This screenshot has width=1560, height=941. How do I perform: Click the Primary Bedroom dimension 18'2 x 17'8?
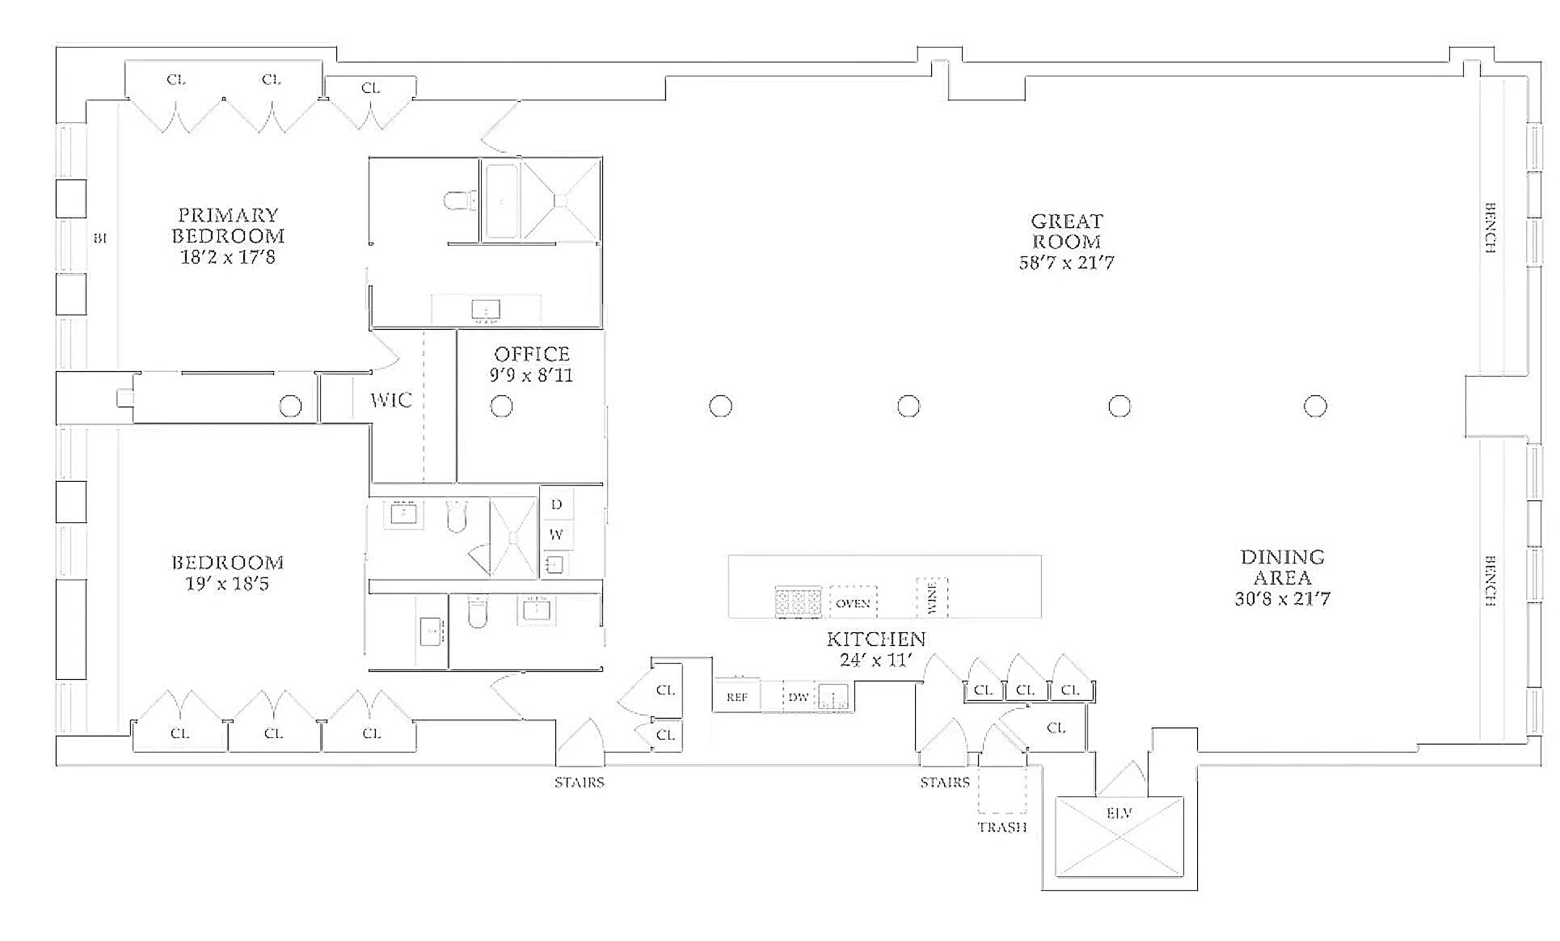click(227, 258)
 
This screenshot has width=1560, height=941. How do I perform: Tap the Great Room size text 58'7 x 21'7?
click(1066, 263)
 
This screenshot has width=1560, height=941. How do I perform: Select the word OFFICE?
click(532, 354)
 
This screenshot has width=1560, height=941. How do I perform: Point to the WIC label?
click(391, 400)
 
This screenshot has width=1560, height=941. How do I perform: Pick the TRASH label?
click(1002, 827)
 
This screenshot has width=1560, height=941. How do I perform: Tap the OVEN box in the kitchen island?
click(853, 603)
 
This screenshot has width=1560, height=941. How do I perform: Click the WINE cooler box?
click(931, 598)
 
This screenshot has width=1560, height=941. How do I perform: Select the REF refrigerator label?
click(736, 697)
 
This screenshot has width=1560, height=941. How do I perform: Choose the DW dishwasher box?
click(799, 697)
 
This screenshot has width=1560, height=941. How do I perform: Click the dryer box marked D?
click(556, 504)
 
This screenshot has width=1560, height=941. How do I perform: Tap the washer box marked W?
click(556, 534)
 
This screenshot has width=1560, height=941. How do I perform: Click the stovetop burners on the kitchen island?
click(798, 602)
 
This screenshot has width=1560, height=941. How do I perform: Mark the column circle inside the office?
click(502, 406)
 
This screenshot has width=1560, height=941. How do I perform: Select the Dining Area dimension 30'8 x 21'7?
click(1282, 599)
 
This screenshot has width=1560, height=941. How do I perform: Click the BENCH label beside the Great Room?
click(1490, 227)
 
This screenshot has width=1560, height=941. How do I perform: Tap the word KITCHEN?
click(876, 639)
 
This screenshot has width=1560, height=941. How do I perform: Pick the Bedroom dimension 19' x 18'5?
click(227, 584)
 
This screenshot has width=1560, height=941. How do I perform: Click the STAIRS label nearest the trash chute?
click(944, 783)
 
